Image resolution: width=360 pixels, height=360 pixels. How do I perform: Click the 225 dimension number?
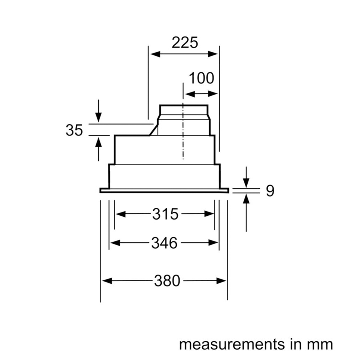tap(185, 43)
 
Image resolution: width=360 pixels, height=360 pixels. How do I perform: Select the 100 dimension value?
tap(201, 78)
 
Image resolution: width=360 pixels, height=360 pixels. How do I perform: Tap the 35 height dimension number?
tap(74, 130)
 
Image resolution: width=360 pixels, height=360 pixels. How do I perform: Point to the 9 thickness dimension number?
tap(270, 191)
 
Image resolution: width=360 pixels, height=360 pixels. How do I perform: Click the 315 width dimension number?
tap(165, 214)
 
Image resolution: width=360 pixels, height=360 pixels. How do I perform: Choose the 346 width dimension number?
tap(164, 243)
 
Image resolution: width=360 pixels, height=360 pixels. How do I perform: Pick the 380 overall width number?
tap(167, 281)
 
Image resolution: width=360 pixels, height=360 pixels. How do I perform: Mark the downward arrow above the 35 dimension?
tap(98, 117)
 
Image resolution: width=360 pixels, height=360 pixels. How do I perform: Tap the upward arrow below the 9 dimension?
tap(246, 199)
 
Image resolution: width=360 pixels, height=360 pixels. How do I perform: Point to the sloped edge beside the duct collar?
tap(154, 129)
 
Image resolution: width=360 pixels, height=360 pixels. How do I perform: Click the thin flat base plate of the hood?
tap(164, 190)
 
